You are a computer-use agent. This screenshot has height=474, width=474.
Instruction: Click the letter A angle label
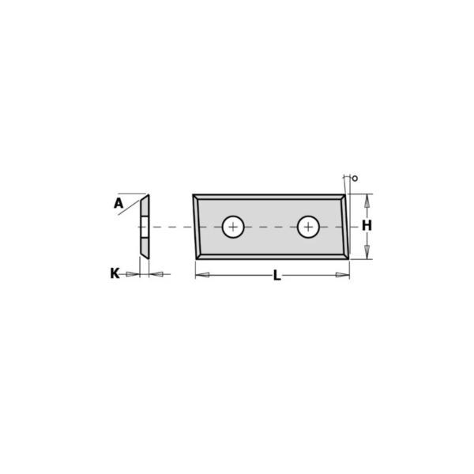click(118, 203)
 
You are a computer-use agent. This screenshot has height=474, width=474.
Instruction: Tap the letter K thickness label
click(115, 273)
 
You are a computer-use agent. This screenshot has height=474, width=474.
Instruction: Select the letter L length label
click(277, 276)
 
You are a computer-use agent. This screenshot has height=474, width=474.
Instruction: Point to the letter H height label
click(367, 225)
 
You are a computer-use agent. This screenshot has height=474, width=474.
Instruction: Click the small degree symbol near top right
click(355, 179)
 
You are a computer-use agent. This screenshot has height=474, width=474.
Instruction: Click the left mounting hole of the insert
click(233, 227)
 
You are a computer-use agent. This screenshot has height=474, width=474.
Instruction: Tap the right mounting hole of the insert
click(308, 227)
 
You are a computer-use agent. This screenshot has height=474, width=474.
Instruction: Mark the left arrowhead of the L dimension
click(202, 275)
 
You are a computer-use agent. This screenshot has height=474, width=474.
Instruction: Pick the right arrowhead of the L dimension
click(343, 275)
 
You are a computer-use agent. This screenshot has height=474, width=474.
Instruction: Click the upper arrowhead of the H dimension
click(367, 201)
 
